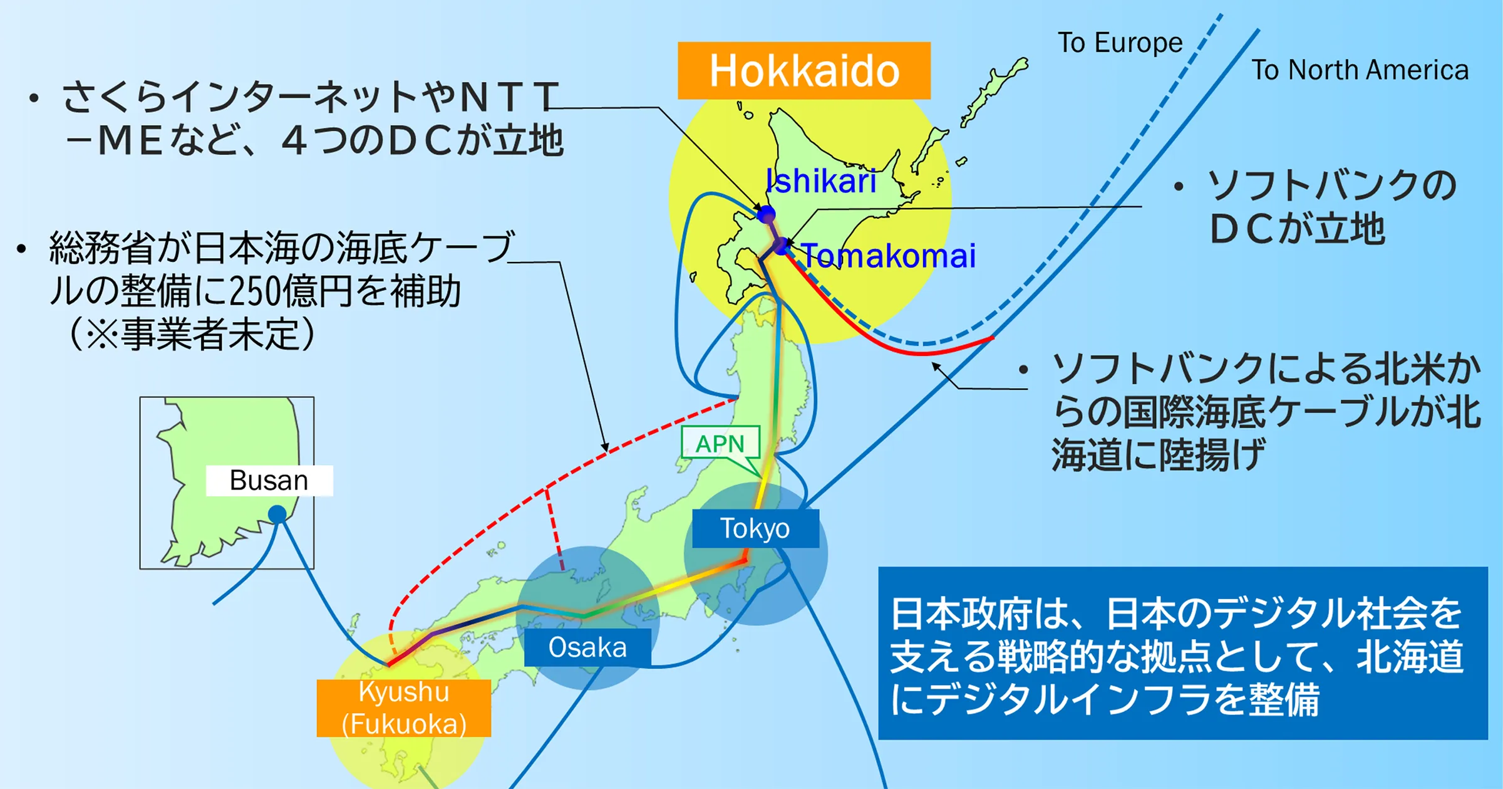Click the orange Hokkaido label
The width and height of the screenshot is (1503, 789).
point(804,70)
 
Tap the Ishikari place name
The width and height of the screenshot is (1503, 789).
point(821,181)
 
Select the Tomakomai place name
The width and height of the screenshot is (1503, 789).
point(889,256)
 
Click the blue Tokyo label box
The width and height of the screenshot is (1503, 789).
point(755,528)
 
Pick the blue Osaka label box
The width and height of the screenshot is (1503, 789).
point(587,647)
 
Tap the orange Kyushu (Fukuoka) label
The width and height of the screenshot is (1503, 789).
point(404,708)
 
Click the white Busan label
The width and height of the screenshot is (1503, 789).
point(269,481)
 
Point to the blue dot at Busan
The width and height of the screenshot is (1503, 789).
point(277,515)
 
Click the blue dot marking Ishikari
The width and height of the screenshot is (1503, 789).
point(767,214)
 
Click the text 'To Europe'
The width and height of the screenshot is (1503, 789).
point(1120,43)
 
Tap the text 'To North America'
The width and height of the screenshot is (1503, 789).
point(1360,70)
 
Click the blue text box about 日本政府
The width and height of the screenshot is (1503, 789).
point(1183,653)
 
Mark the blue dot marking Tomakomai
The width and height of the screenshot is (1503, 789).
point(782,246)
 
